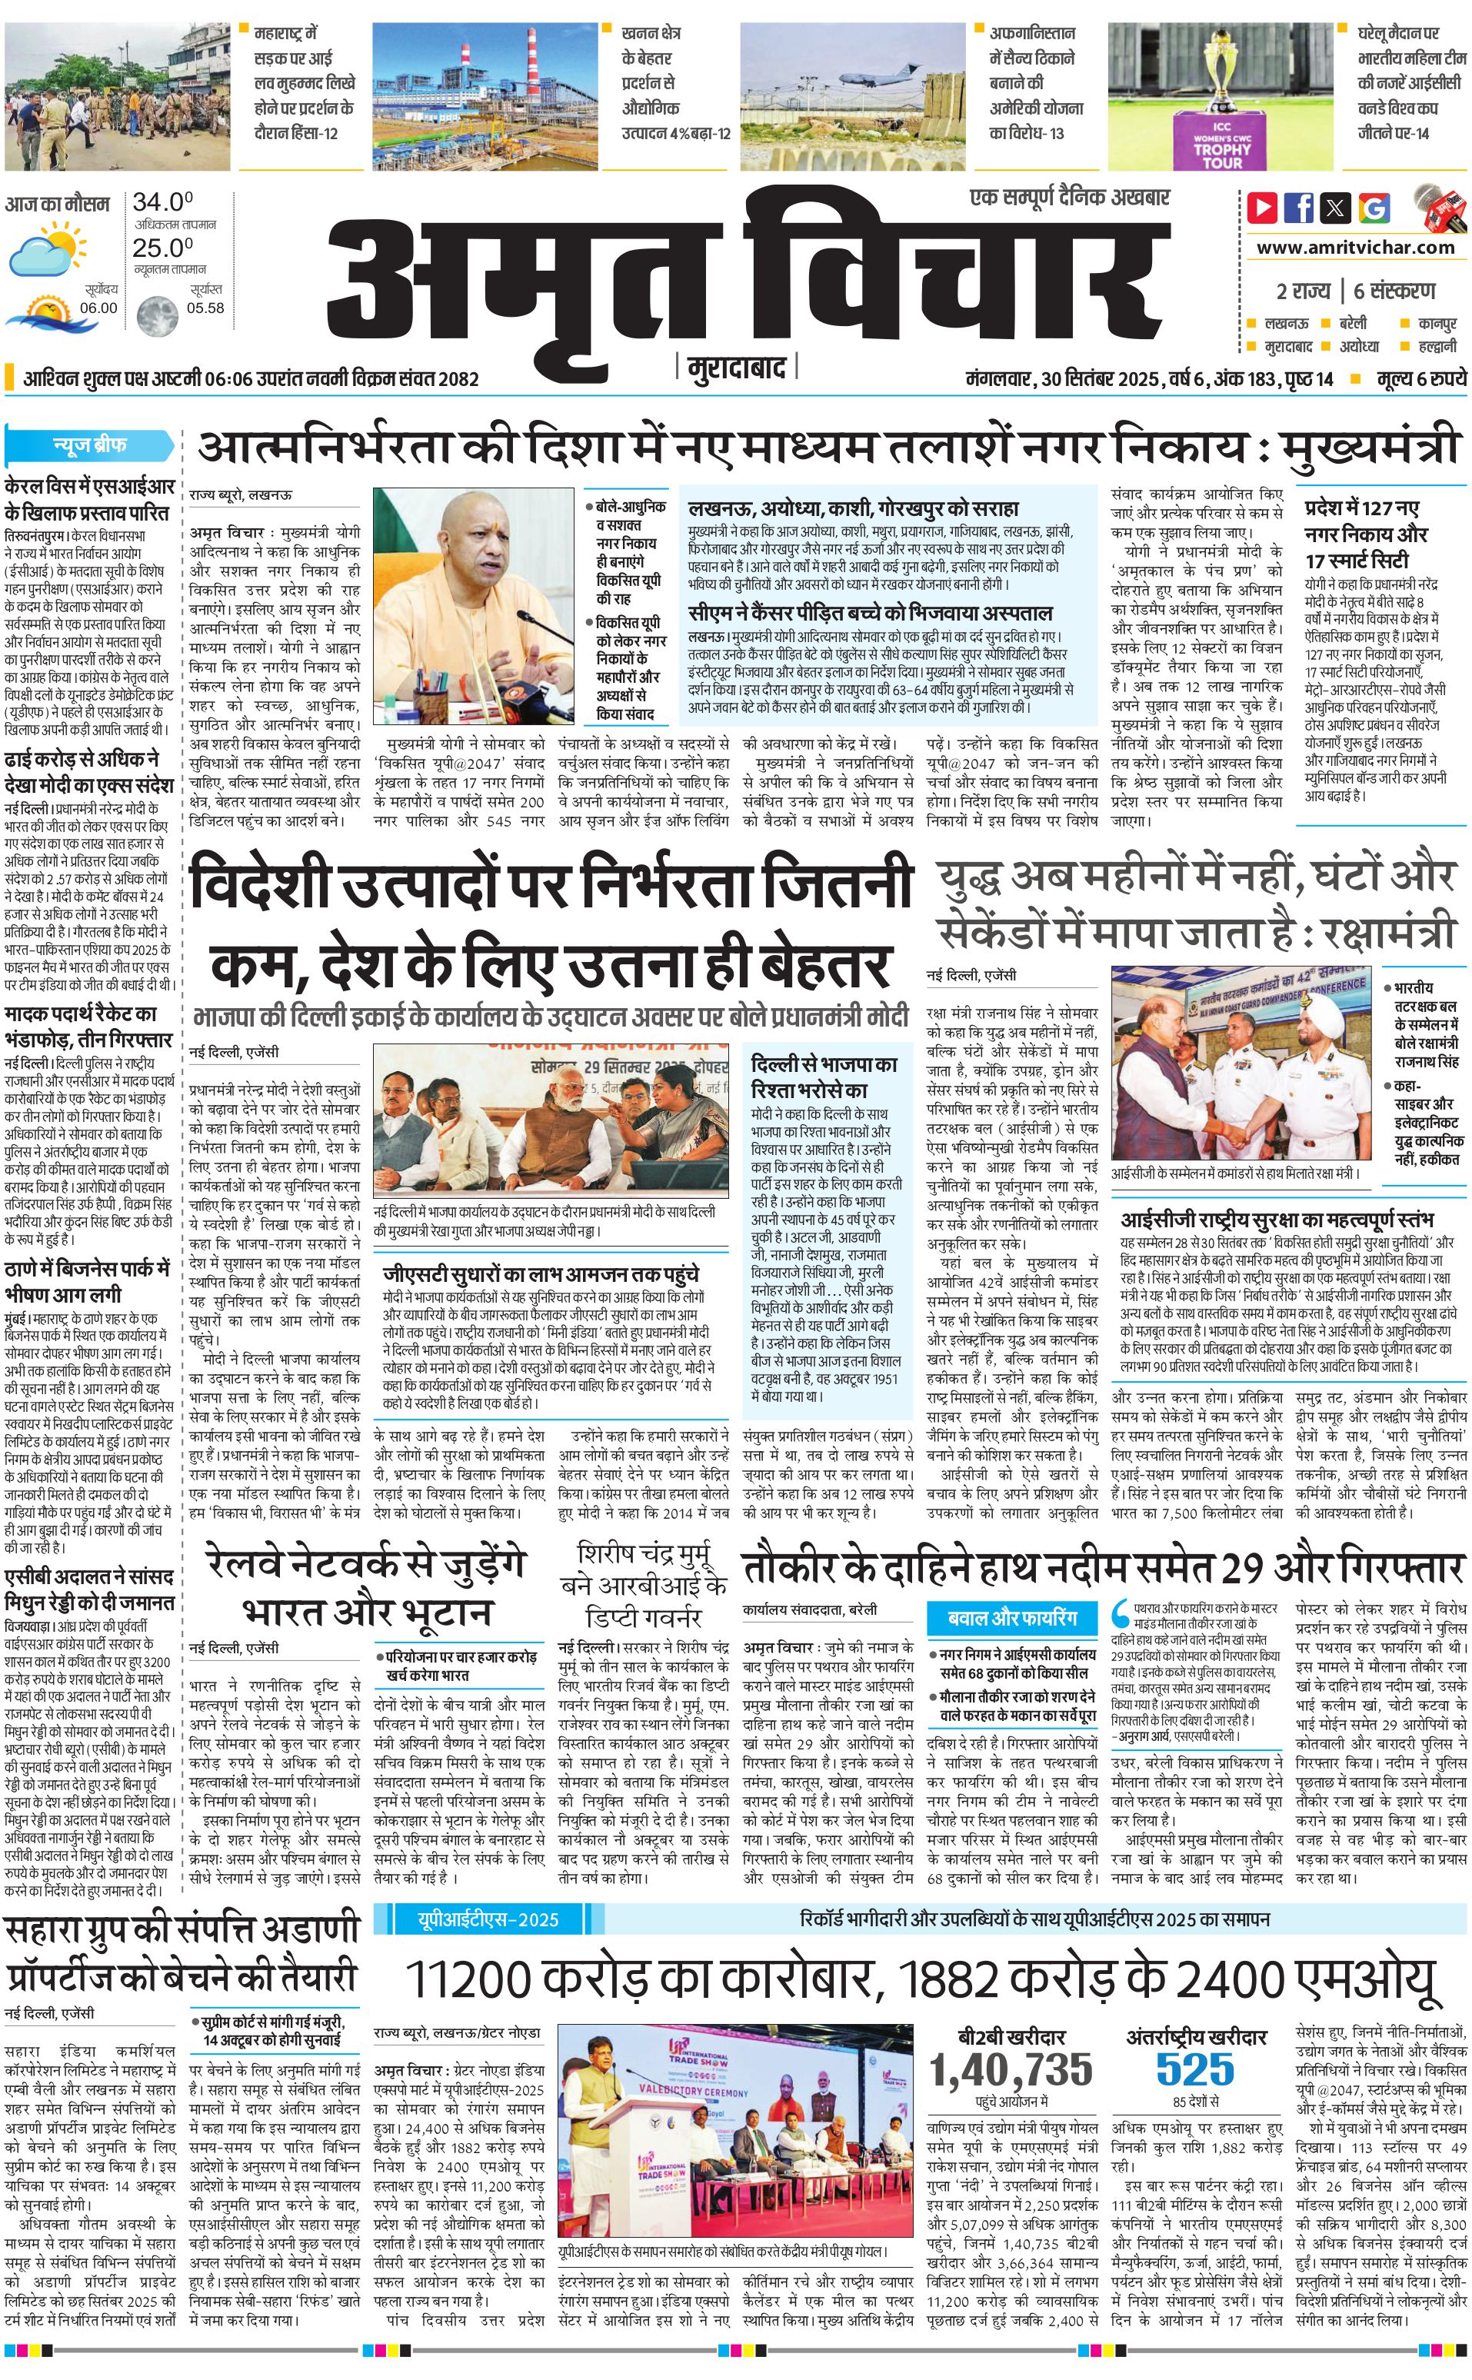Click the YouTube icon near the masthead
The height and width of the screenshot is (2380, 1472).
click(1263, 208)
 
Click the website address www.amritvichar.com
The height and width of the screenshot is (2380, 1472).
click(1355, 248)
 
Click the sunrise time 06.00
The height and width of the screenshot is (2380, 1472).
click(98, 308)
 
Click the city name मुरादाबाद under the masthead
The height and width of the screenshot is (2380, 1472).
click(736, 369)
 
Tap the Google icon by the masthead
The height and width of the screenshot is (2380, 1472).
click(1374, 208)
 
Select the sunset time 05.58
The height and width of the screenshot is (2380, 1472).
click(205, 308)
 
